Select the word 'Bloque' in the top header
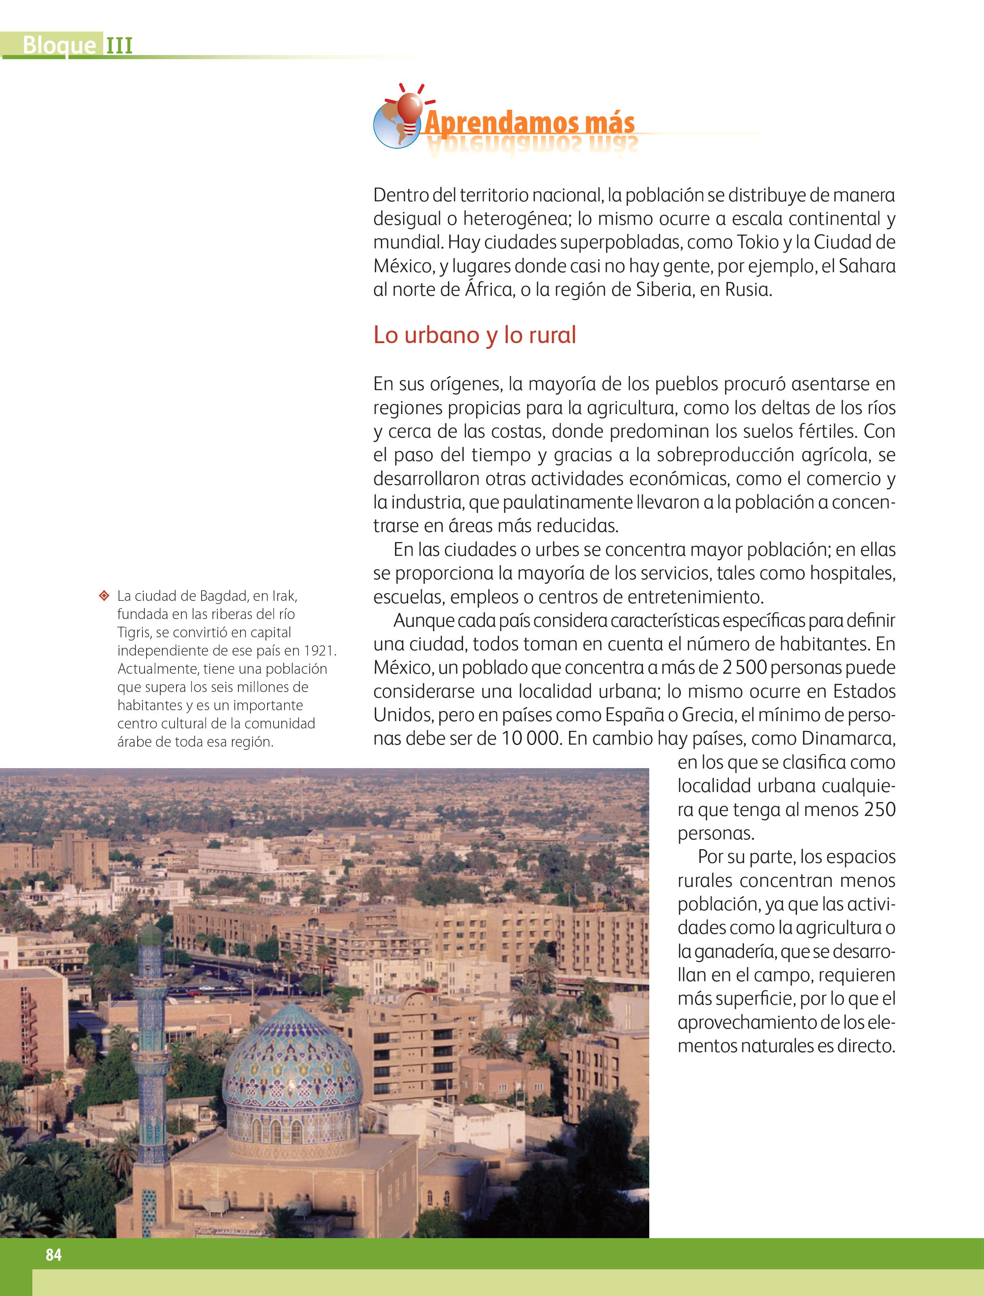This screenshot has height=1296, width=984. [x=59, y=45]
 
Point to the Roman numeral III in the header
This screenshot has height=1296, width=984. [x=119, y=45]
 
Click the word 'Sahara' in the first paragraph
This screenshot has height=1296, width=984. [x=867, y=265]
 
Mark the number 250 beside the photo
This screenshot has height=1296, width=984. [x=880, y=809]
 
